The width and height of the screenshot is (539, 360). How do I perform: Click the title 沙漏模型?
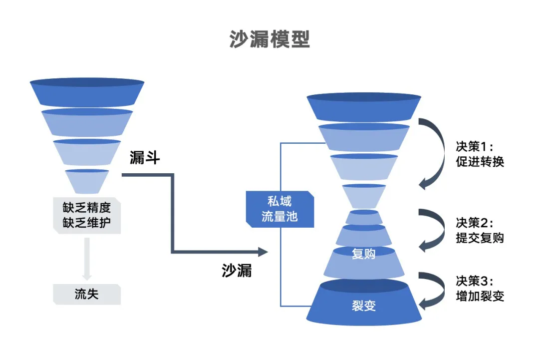[x=269, y=39]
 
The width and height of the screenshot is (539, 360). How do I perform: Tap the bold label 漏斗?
[x=144, y=158]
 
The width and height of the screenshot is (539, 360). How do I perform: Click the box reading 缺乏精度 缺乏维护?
[x=87, y=215]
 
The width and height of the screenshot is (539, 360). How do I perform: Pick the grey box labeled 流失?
[x=87, y=294]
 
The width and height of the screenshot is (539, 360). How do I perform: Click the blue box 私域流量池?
[x=279, y=210]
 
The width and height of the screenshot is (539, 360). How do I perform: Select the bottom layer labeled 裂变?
[x=363, y=305]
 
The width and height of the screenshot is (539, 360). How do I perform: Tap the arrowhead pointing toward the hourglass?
[x=263, y=251]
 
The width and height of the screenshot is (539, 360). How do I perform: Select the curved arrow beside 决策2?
[x=433, y=230]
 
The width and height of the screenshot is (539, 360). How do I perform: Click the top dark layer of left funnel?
[x=87, y=92]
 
